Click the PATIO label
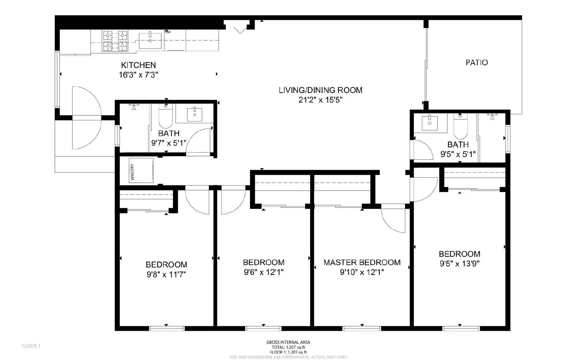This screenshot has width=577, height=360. [476, 63]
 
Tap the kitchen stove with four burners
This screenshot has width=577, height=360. [115, 40]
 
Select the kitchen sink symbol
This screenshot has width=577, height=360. [150, 40]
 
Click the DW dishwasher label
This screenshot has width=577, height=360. [168, 32]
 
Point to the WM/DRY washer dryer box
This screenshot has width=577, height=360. [141, 170]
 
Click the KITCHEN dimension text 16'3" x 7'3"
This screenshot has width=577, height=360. [138, 75]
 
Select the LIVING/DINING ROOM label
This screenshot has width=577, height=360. [320, 90]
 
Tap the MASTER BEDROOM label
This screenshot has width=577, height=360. [362, 262]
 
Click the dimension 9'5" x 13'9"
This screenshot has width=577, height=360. [459, 264]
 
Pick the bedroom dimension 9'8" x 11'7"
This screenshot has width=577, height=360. [166, 275]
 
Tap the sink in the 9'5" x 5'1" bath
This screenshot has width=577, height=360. [430, 123]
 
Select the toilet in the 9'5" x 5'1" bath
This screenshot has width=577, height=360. [460, 127]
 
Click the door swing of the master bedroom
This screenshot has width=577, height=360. [394, 218]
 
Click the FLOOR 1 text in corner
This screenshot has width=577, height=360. [31, 346]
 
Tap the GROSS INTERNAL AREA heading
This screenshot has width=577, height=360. [288, 342]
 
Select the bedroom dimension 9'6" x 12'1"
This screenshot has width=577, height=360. [264, 272]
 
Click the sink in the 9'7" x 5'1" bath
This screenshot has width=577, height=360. [194, 114]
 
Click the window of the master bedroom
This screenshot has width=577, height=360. [361, 328]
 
